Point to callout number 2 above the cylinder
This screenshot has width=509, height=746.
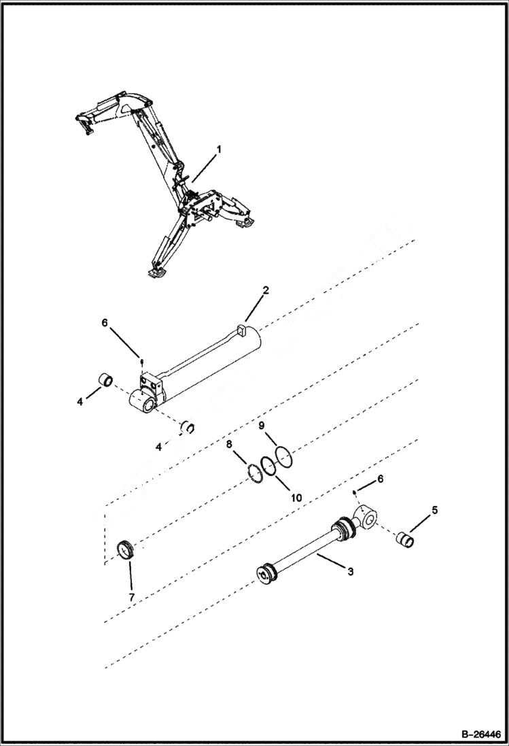(266, 290)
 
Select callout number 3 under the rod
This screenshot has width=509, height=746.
(350, 572)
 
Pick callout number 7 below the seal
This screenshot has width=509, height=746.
(132, 597)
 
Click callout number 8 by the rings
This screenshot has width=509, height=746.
(229, 445)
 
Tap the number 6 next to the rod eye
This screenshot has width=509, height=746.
(381, 479)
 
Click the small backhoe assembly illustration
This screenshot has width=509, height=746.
(170, 184)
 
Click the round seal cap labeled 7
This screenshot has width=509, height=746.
(125, 548)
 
